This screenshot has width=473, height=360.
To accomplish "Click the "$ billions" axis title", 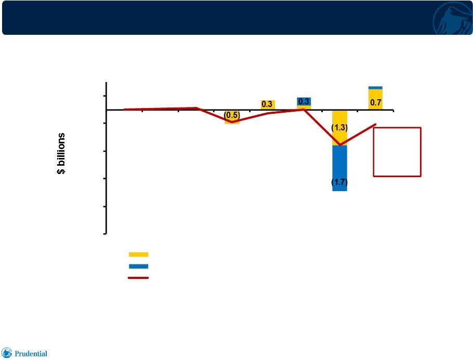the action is [x=61, y=153].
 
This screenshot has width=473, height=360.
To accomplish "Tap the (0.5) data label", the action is [x=232, y=115].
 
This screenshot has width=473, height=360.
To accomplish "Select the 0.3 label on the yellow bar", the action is [x=267, y=104].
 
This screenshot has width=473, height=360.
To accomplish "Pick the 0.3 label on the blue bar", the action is [x=304, y=101].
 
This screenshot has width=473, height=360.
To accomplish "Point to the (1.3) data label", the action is [x=339, y=128].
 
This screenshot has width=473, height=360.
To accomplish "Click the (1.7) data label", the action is [x=339, y=182].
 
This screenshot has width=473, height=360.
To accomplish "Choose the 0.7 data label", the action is [x=376, y=103].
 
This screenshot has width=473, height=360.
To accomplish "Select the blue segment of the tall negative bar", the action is [x=339, y=168].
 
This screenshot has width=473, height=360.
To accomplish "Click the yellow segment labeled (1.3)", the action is [x=339, y=128].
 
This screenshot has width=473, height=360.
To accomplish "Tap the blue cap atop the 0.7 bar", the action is [x=376, y=88].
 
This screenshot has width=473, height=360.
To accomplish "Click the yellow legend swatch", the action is [x=138, y=255].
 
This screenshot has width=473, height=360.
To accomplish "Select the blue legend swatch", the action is [x=138, y=266].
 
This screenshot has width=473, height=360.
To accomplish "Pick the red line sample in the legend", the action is [x=138, y=278].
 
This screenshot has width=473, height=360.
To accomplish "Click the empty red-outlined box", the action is [x=373, y=152].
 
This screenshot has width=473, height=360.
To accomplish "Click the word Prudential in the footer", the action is [x=31, y=354].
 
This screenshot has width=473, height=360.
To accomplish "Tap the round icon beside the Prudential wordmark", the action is [x=7, y=353].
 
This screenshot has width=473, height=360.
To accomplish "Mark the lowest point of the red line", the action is [x=340, y=145].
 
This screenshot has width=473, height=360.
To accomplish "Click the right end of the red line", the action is [x=376, y=124].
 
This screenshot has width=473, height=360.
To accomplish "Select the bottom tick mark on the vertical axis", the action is [x=105, y=234].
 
